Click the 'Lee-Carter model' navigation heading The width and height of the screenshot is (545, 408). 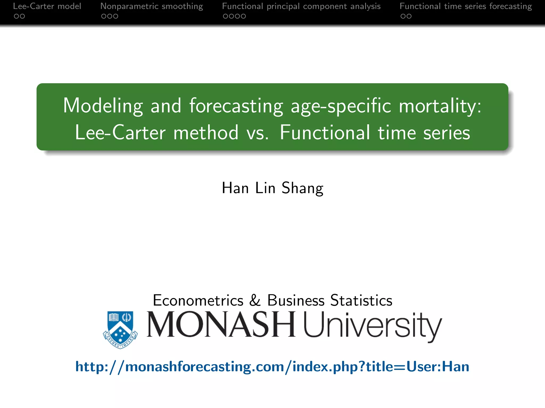coord(47,6)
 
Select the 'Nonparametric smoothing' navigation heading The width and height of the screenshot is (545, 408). coord(151,6)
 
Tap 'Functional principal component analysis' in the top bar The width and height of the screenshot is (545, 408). coord(301,6)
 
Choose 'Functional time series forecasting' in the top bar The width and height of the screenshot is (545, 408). coord(466,6)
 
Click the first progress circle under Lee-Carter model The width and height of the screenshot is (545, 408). coord(16,16)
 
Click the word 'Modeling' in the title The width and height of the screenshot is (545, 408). coord(103,106)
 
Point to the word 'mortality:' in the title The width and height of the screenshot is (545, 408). coord(440,106)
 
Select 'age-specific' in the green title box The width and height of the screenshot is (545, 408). coord(341,106)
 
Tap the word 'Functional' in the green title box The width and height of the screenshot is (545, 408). coord(325,133)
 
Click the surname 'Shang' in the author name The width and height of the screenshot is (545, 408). coord(303,188)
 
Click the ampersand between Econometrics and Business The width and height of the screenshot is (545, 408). coord(255,300)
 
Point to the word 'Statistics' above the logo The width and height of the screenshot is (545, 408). coord(361,300)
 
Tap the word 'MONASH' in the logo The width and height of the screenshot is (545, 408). coord(221,325)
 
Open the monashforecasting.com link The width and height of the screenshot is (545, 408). coord(272,367)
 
